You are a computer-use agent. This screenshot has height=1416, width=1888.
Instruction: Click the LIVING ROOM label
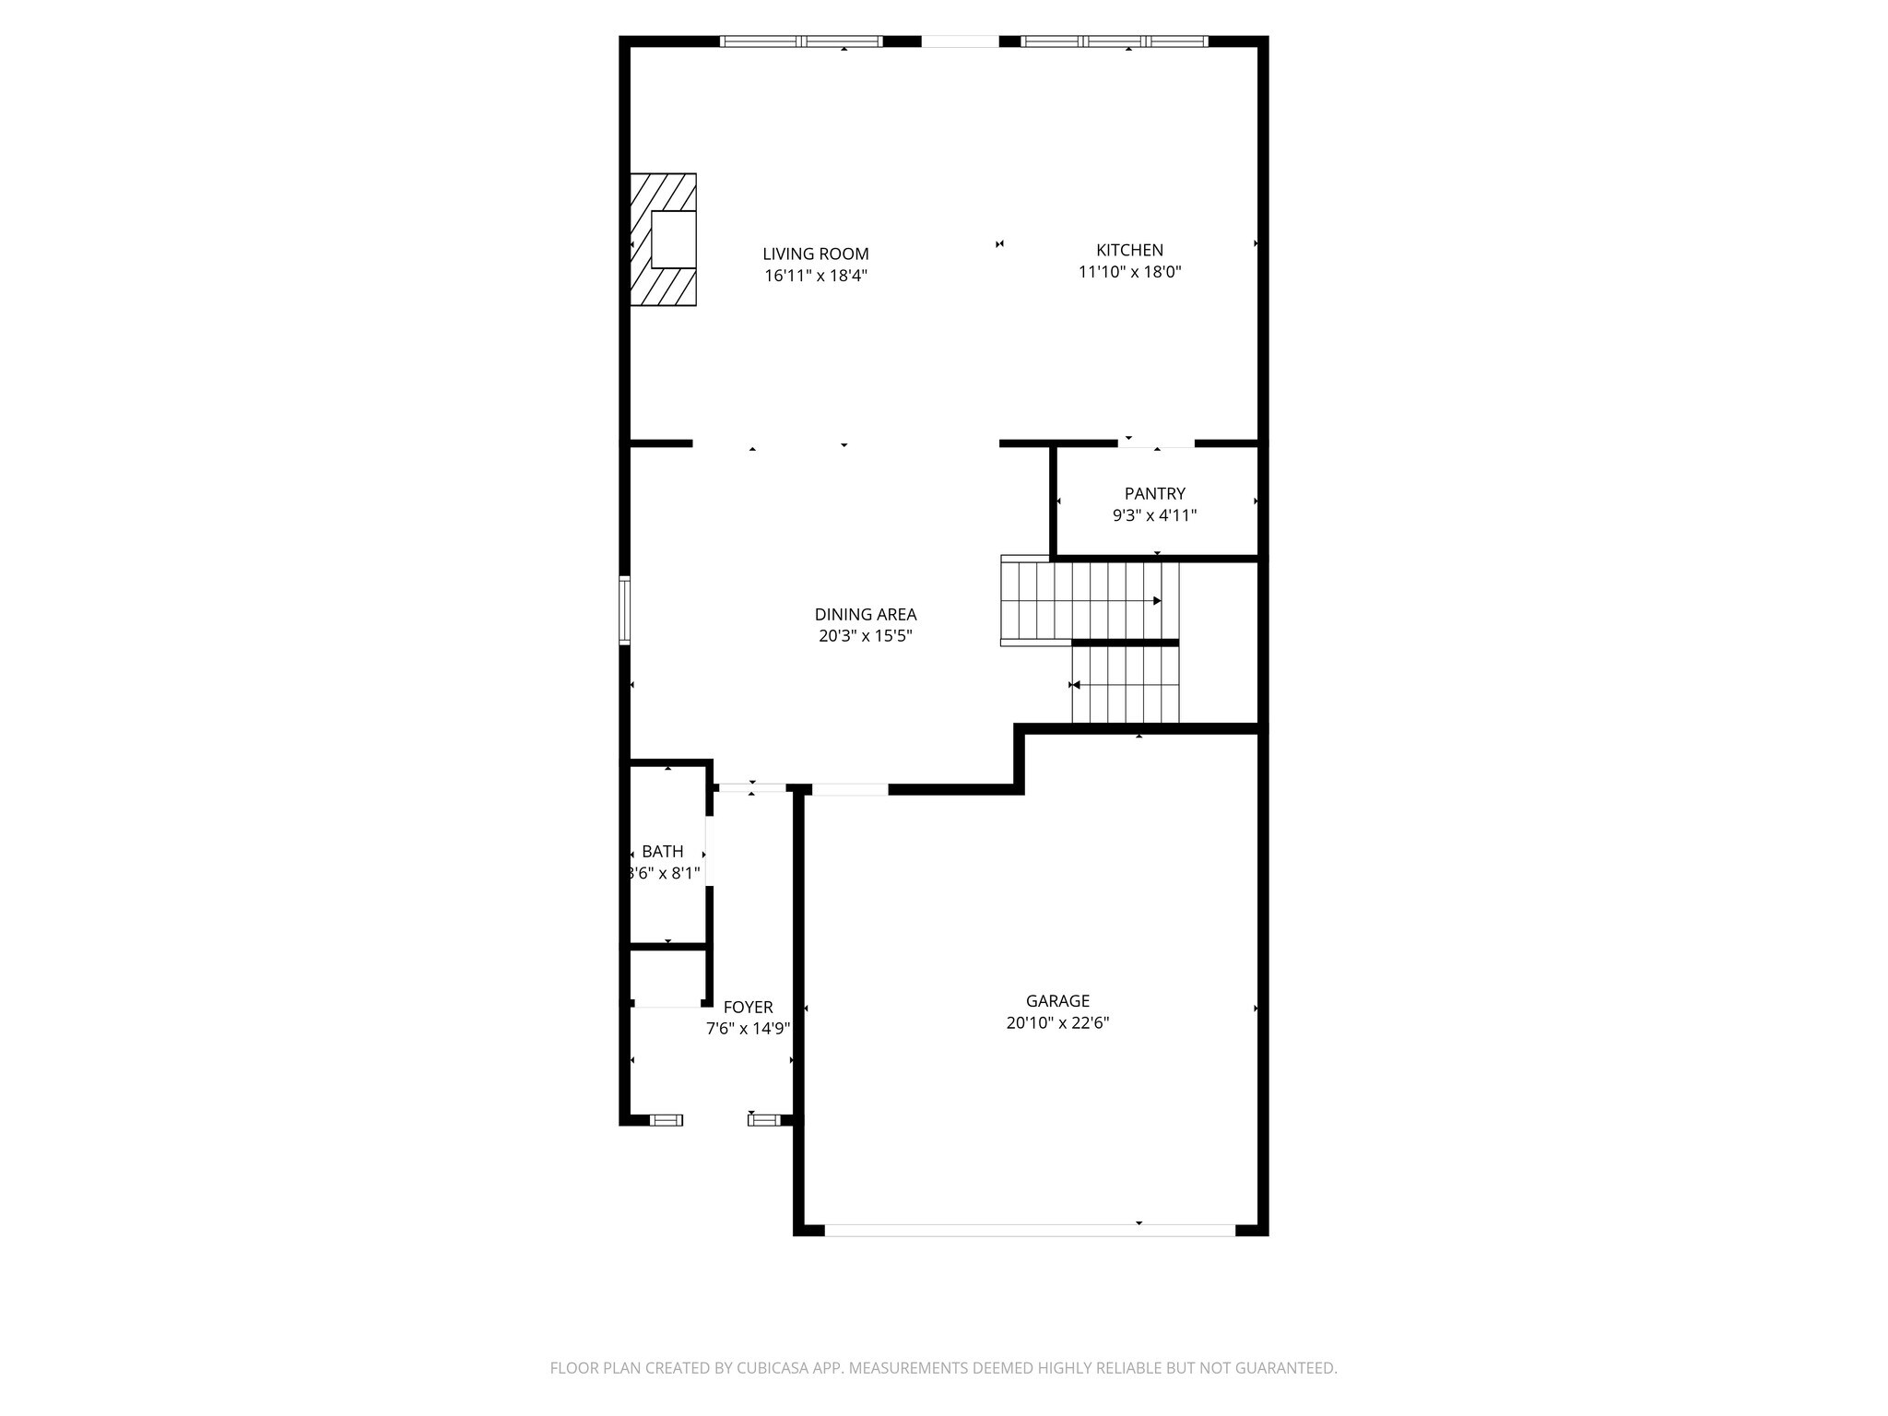tap(816, 254)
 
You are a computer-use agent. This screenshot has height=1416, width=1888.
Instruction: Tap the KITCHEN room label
tap(1129, 250)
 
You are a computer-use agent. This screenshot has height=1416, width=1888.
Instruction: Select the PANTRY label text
tap(1155, 494)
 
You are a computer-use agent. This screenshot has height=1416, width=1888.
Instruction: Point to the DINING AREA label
tap(866, 614)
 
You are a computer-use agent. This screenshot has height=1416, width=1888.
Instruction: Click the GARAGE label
tap(1057, 1000)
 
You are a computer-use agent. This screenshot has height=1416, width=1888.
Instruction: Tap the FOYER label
tap(748, 1007)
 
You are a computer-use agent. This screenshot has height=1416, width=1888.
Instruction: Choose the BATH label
tap(663, 851)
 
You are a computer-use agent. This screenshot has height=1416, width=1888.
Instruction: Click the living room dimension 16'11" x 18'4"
tap(816, 276)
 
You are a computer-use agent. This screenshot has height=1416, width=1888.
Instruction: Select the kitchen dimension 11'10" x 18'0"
tap(1129, 272)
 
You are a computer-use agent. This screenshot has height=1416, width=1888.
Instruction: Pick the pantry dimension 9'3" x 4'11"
tap(1155, 515)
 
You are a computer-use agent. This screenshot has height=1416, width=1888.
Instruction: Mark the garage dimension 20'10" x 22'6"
tap(1057, 1022)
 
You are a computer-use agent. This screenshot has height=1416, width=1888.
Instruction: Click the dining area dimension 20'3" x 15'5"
tap(866, 636)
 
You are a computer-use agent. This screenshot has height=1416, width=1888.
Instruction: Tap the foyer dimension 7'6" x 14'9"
tap(748, 1029)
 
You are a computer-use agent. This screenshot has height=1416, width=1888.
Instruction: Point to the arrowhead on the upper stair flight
tap(1157, 601)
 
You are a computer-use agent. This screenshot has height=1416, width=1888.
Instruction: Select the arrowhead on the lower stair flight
tap(1075, 685)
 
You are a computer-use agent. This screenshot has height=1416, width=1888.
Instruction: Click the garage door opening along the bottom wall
tap(1030, 1230)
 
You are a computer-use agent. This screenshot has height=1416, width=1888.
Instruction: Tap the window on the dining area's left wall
tap(624, 609)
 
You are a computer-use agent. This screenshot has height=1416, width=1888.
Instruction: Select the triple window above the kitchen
tap(1115, 41)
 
